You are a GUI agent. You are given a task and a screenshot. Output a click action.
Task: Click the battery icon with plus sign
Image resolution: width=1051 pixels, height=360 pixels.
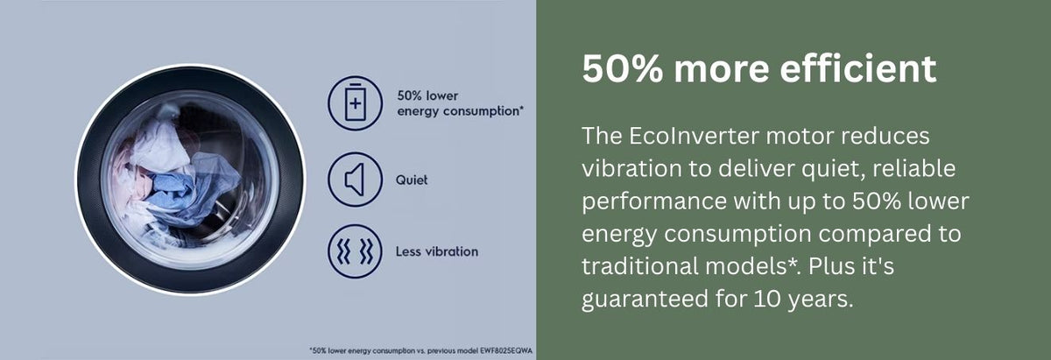pos(356,102)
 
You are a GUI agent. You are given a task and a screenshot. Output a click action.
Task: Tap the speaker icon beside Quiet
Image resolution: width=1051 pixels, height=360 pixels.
pos(355,180)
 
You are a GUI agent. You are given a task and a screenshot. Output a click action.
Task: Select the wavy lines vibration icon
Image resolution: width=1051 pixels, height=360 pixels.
pos(355,251)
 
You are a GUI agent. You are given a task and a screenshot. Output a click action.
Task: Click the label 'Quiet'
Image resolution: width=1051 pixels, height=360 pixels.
pos(412,180)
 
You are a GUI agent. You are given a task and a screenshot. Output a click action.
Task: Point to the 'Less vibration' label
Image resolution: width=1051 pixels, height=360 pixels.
pos(437,251)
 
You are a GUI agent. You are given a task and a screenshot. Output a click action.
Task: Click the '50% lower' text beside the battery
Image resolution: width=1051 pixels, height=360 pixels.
pos(427,95)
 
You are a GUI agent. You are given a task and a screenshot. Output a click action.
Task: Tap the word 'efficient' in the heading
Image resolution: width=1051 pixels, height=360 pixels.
pos(858,69)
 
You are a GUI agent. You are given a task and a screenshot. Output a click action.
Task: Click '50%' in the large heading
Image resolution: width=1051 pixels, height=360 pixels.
pos(622,69)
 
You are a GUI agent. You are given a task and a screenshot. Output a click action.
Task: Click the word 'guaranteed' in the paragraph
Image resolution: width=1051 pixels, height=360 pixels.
pos(645,300)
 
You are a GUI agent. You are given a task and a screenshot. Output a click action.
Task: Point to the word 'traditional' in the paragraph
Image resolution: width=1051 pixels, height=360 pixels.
pos(639,266)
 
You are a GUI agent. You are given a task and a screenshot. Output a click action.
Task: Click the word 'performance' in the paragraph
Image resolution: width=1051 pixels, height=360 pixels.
pos(654,201)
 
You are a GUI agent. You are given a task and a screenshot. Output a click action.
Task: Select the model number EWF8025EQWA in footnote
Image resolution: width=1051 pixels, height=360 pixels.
pos(506,350)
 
